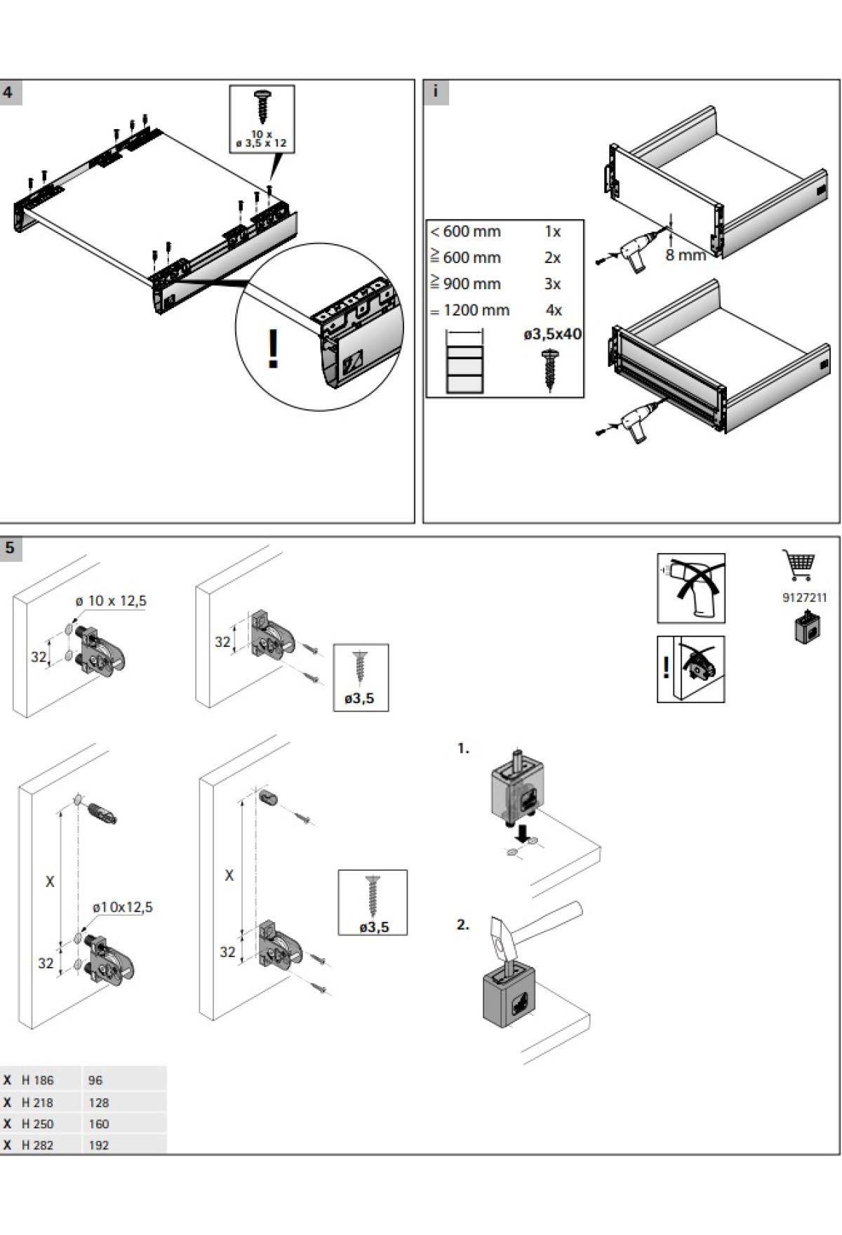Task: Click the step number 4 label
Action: (8, 93)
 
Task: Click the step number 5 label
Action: (10, 548)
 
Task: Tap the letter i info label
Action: (436, 92)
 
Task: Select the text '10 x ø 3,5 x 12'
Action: (262, 138)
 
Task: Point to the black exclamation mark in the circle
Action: (273, 349)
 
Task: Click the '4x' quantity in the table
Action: (554, 310)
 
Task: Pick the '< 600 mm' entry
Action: (465, 232)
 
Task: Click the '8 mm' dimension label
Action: (685, 255)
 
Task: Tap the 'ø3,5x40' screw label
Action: (553, 334)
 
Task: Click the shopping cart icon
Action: (798, 566)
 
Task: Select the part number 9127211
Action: (804, 598)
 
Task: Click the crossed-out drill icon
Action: (690, 588)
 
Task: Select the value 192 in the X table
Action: (99, 1145)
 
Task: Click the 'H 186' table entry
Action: (37, 1081)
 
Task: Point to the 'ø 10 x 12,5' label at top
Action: (111, 601)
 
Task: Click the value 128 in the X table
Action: (99, 1103)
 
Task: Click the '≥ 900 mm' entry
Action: (465, 284)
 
